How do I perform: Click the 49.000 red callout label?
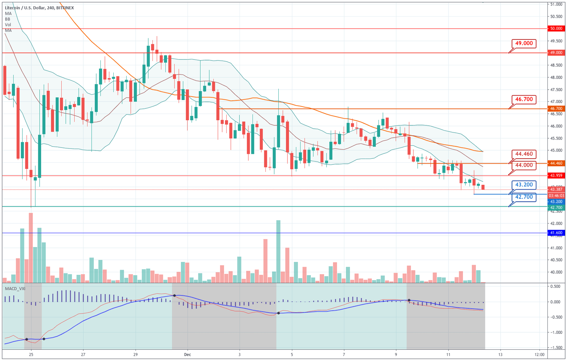(x=524, y=44)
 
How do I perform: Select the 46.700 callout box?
(x=524, y=100)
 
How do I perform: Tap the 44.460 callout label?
(x=524, y=154)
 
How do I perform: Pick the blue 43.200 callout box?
(x=524, y=185)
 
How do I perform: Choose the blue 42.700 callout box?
(x=524, y=197)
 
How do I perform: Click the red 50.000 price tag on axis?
(x=556, y=28)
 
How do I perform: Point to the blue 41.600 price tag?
(x=556, y=233)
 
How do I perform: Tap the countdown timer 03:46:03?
(x=556, y=196)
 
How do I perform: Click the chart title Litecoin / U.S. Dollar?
(x=24, y=8)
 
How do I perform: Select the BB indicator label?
(x=8, y=19)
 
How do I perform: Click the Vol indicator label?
(x=8, y=25)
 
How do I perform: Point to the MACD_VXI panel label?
(x=15, y=288)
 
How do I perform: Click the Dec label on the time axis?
(x=188, y=355)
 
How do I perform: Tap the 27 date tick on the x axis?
(x=83, y=355)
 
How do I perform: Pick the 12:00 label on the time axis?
(x=539, y=355)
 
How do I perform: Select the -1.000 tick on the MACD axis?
(x=555, y=332)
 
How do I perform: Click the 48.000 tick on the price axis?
(x=556, y=77)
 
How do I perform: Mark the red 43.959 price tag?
(x=556, y=176)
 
